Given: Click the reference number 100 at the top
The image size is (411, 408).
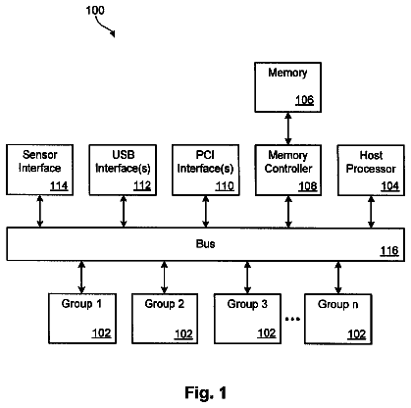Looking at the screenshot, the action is point(95,11).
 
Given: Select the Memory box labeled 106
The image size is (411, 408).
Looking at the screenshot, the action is point(287,87).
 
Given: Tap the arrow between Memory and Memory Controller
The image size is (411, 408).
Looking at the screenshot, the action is point(288,128).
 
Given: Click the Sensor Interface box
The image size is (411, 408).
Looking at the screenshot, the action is point(39,170).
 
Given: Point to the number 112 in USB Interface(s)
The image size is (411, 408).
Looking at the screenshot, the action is point(142,185).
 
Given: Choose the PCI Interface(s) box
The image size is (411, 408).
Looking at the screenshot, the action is point(205,170).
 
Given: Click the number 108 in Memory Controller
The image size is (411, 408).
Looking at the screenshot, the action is point(308,186).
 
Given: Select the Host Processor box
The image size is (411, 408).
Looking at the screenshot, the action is point(371,170).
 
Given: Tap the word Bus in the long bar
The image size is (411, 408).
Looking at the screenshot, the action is point(205,243).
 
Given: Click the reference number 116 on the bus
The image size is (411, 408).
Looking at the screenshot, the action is point(389,251).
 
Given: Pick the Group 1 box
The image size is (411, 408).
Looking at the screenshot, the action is point(82,319).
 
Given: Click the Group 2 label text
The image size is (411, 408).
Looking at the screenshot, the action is point(165,304).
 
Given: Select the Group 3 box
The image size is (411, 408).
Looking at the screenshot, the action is point(247,319).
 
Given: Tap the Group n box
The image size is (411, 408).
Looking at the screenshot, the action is point(338,319).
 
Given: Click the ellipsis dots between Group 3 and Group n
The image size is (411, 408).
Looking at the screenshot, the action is point(292,318).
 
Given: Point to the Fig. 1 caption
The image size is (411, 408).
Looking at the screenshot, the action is point(205,392).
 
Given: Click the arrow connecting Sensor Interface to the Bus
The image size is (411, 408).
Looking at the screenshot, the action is point(40,212).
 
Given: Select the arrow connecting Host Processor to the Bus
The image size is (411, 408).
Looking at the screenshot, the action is point(371,212).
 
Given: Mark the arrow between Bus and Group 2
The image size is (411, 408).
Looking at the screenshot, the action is point(165,277).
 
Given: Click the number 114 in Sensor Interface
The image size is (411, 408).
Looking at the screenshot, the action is point(59,185).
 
